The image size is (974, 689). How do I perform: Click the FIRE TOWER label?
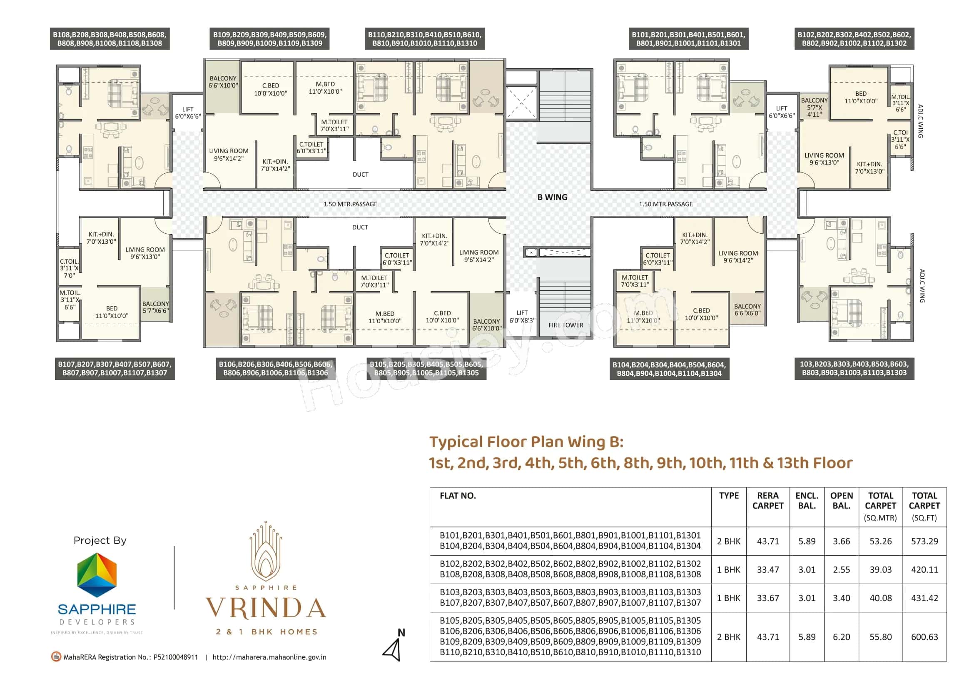pos(565,325)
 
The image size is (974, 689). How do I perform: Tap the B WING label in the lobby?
pos(552,197)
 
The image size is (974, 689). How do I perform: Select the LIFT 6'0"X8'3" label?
pos(522,317)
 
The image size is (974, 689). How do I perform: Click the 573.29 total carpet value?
pos(924,541)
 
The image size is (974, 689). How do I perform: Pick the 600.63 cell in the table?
pos(924,637)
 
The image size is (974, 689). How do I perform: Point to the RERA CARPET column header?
pos(767,501)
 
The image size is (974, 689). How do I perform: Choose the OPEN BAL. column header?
pos(841,501)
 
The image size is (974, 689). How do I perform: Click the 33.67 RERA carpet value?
pos(768,598)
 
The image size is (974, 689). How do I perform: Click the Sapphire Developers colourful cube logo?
pos(97,575)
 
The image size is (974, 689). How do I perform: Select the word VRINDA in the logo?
pos(266,608)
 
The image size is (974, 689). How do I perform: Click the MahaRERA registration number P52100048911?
pos(175,657)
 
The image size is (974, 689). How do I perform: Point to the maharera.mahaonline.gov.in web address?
pos(269,657)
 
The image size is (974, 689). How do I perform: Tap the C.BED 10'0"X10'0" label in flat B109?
pos(270,90)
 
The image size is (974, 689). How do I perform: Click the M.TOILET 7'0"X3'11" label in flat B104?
pos(635,281)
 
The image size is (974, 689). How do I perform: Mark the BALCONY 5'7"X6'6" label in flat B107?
pos(155,307)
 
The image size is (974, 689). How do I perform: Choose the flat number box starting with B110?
pos(424,39)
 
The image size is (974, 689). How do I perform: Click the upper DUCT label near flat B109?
pos(361,175)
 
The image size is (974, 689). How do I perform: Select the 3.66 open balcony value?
pos(841,541)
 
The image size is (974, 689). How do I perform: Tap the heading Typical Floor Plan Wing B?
pos(526,442)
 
